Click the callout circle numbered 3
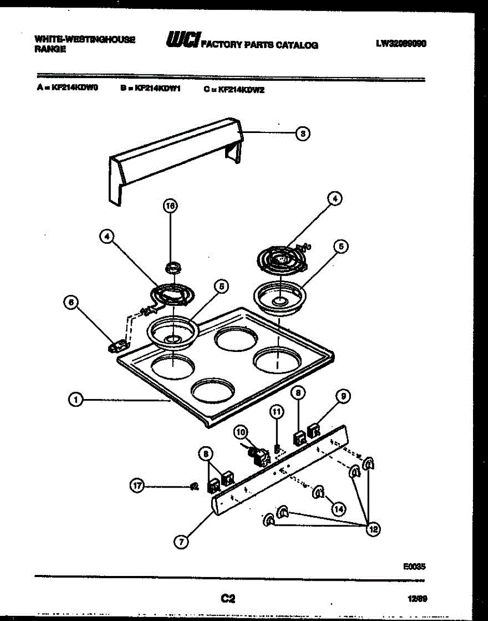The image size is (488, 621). coord(303,134)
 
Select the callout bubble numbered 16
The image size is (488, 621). coord(170,206)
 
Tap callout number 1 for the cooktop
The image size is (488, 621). coord(76,400)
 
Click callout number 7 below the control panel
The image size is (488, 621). coord(181,541)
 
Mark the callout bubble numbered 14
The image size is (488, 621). coord(338,509)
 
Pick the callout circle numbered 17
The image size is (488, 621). coord(137,486)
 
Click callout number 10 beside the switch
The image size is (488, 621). coord(240,431)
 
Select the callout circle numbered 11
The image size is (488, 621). coord(277,411)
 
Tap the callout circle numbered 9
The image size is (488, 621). coord(342,396)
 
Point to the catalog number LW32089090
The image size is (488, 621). coord(401,44)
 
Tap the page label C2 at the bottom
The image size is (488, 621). coord(228,599)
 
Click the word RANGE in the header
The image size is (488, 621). coord(50,50)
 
